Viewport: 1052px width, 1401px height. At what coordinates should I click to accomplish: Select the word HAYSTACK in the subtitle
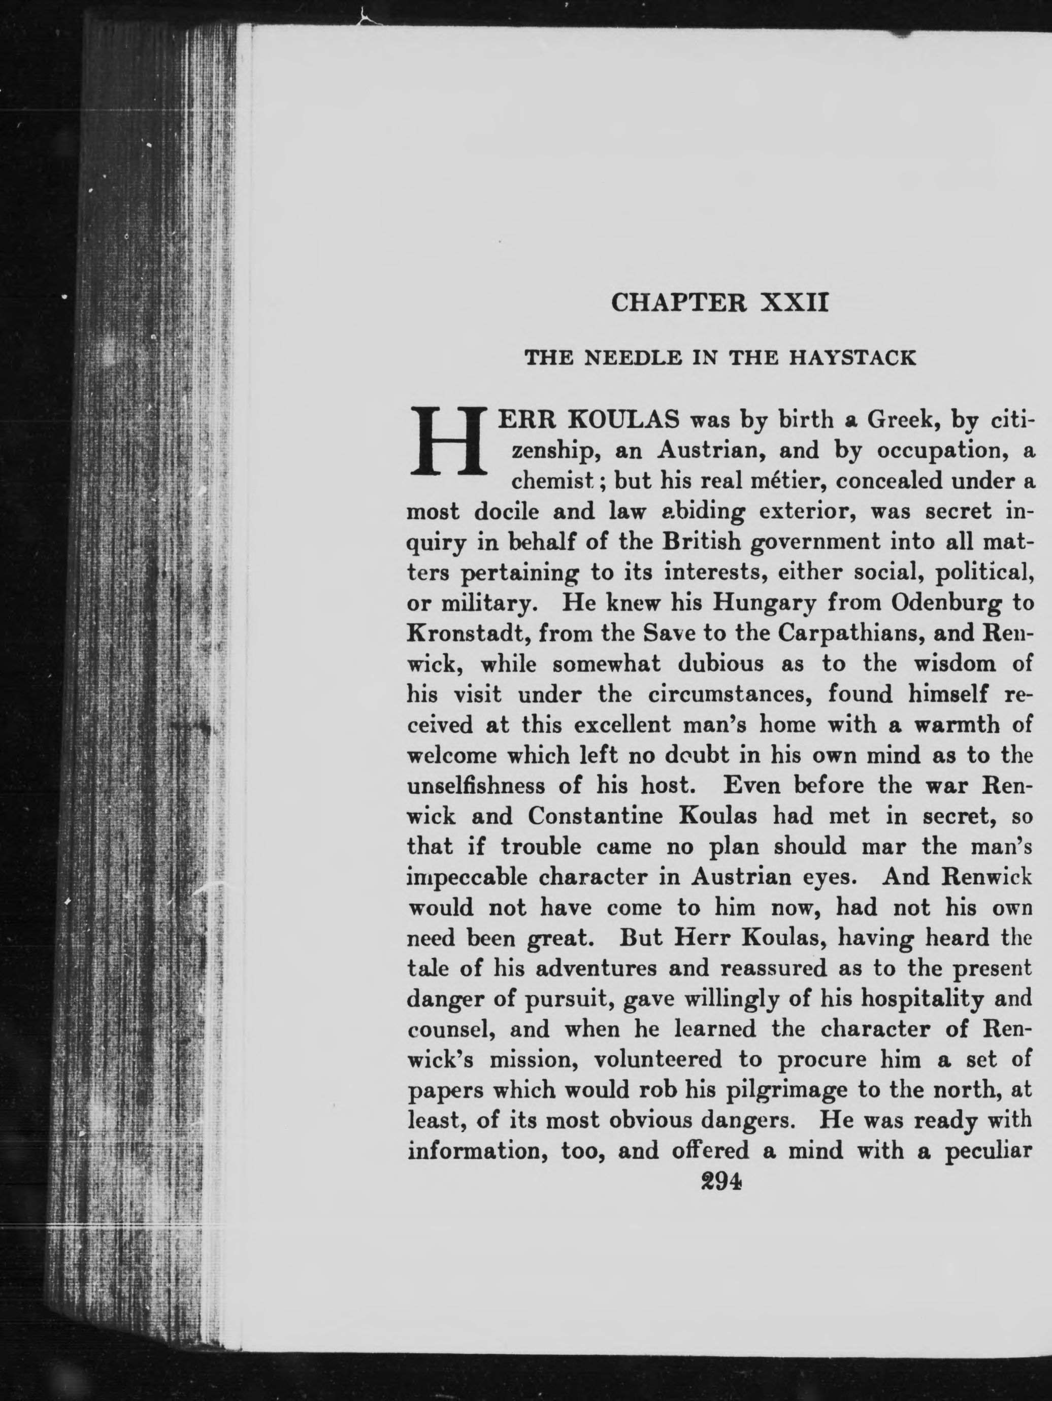point(852,358)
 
